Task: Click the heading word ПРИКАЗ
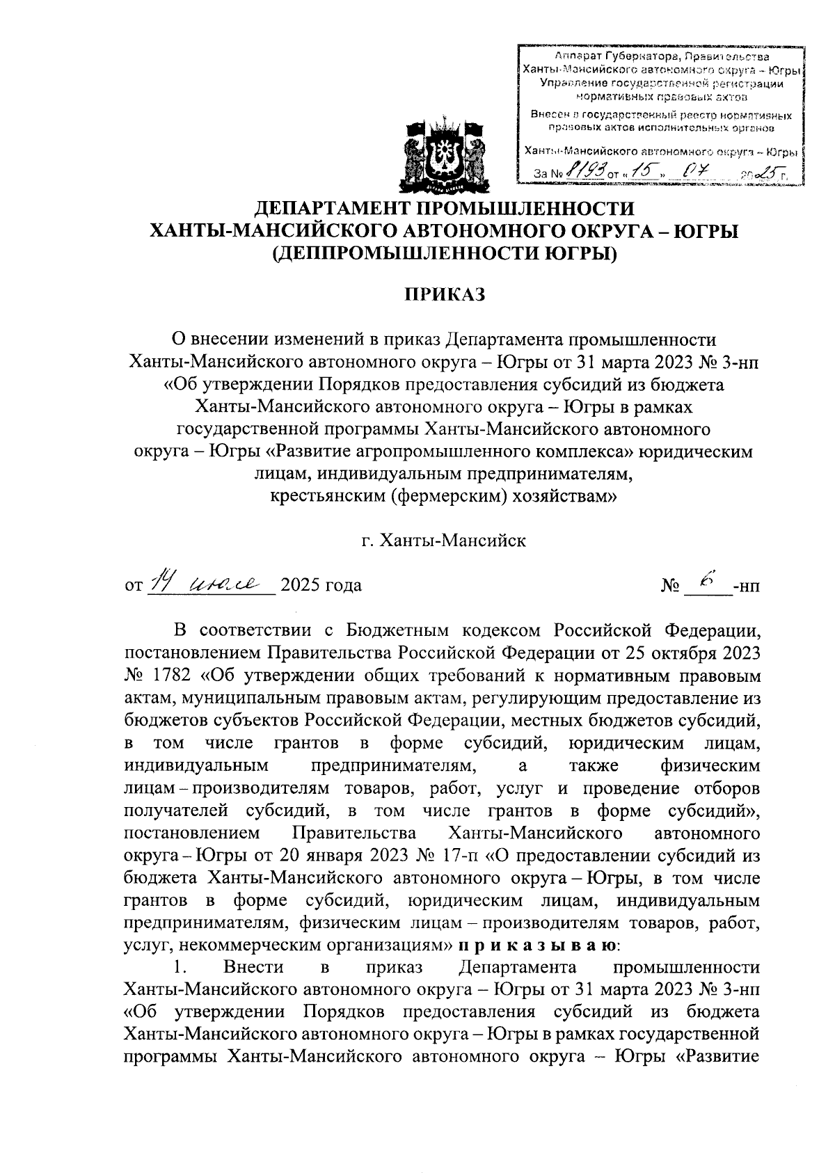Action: [445, 294]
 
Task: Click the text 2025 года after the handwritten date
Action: [320, 585]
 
